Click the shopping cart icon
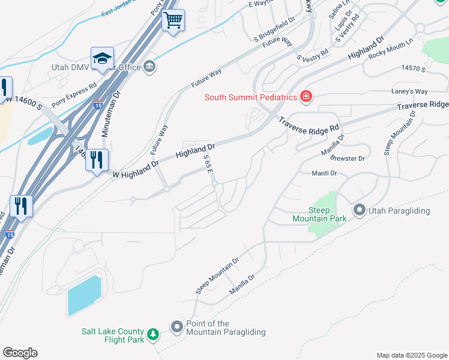point(173,20)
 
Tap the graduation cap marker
point(102,58)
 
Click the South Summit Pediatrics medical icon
point(306,97)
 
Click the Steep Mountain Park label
point(327,214)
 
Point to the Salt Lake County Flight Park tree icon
point(154,333)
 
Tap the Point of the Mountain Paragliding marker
point(177,327)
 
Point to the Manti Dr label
point(324,173)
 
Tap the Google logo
point(20,353)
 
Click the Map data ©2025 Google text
point(411,355)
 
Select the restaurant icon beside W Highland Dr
point(96,160)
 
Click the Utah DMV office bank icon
point(149,66)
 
